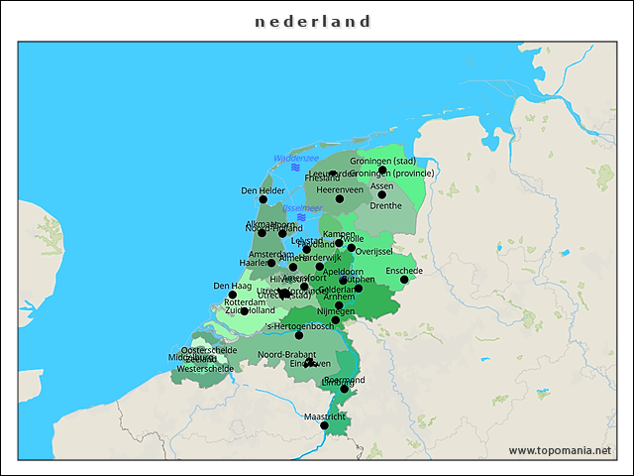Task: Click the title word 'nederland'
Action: pos(312,21)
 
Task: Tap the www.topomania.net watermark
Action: pos(560,450)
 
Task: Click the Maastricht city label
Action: pos(325,416)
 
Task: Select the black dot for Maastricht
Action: pos(324,425)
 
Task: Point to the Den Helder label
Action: pos(263,190)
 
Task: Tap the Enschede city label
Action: pos(404,270)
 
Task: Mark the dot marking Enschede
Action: pos(404,280)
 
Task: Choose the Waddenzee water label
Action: pos(295,158)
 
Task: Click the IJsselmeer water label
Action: pos(301,208)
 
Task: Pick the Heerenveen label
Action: pos(340,189)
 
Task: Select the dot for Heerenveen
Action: pos(340,199)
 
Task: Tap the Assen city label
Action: pos(381,185)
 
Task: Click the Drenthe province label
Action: pos(385,205)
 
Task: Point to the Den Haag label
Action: pos(233,286)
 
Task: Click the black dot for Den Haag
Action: pos(233,295)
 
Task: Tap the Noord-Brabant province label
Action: pos(286,354)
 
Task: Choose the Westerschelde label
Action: pos(205,368)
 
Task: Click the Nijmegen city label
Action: pos(336,310)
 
